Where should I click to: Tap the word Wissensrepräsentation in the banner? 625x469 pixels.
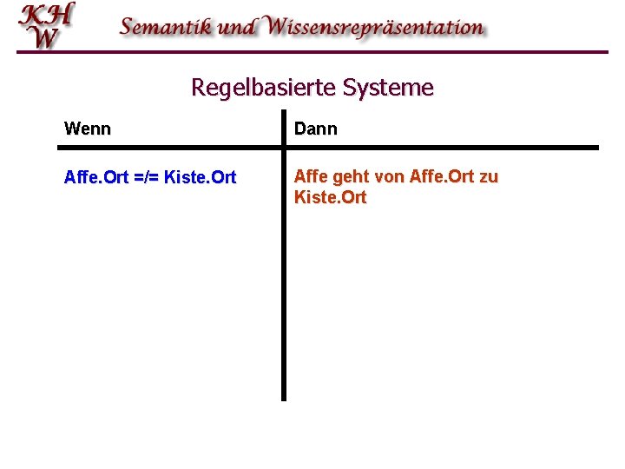coord(375,26)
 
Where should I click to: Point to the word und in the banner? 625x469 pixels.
coord(237,26)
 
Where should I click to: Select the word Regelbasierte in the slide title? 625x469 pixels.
coord(264,88)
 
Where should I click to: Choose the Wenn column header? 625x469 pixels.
coord(88,129)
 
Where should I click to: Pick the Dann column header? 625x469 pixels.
coord(316,129)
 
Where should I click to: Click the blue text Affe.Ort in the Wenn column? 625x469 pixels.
coord(95,178)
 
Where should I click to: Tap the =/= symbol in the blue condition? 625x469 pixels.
coord(144,178)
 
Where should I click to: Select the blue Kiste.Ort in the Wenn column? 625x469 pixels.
coord(199,178)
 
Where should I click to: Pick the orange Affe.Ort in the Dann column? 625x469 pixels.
coord(440,177)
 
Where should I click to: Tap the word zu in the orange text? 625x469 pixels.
coord(488,177)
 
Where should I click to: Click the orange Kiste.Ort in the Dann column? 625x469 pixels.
coord(331,198)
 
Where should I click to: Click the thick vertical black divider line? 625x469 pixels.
coord(283,287)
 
